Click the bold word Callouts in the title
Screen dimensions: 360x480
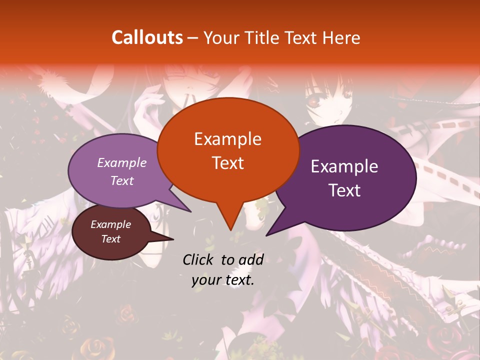(147, 37)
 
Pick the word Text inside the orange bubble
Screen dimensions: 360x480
(227, 162)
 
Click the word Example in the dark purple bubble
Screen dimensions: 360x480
(344, 166)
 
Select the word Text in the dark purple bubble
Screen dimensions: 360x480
(344, 190)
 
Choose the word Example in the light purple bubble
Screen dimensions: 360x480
(122, 162)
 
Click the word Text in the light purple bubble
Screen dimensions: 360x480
(122, 180)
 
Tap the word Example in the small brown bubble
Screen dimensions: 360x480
(111, 224)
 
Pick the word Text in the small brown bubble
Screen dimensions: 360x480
(111, 239)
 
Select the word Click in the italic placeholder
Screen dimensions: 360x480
(199, 259)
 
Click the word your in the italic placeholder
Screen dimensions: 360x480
(206, 280)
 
